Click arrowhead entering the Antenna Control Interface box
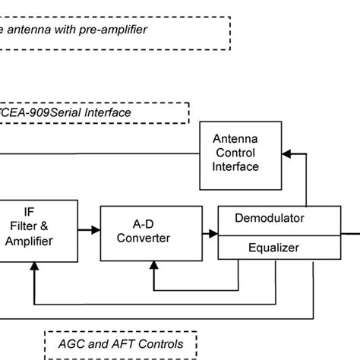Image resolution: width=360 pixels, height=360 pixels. tap(285, 153)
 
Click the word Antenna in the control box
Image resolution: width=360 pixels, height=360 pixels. tap(235, 138)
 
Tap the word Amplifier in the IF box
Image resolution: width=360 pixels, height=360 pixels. tap(29, 242)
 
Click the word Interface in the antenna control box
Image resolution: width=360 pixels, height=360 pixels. tap(235, 166)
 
